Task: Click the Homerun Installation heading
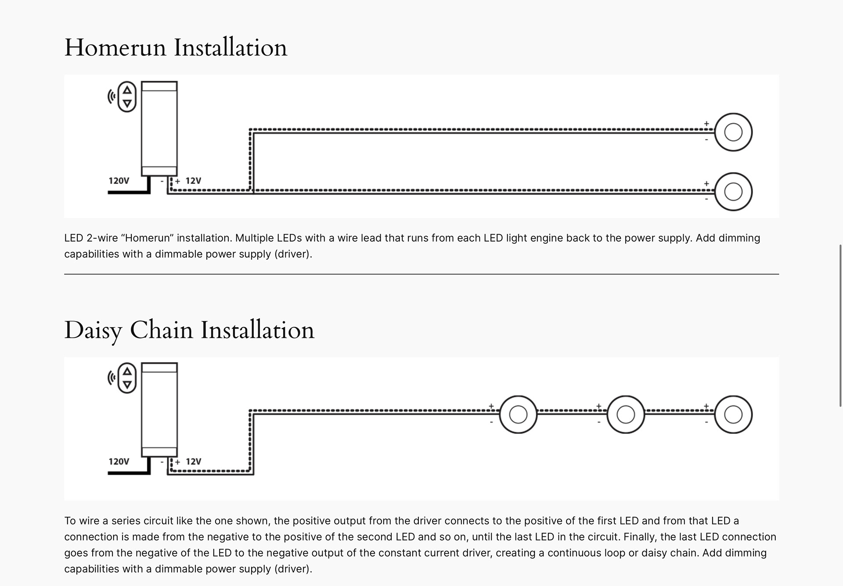(x=176, y=47)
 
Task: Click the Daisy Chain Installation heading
(x=189, y=330)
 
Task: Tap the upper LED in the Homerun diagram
(x=733, y=132)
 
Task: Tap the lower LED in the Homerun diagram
(x=733, y=192)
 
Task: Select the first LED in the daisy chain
(x=518, y=414)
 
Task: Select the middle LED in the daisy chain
(x=626, y=414)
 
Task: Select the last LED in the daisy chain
(x=733, y=414)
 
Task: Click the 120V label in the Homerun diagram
(x=119, y=181)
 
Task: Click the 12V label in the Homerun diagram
(x=193, y=181)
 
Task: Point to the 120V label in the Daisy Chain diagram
(x=119, y=461)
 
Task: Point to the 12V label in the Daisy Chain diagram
(x=193, y=461)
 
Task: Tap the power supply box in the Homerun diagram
(x=159, y=129)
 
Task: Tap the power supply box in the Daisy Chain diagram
(x=159, y=410)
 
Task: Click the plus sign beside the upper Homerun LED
(x=706, y=124)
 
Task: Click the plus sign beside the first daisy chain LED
(x=491, y=406)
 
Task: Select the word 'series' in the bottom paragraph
(x=125, y=521)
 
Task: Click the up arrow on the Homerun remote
(x=127, y=90)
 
